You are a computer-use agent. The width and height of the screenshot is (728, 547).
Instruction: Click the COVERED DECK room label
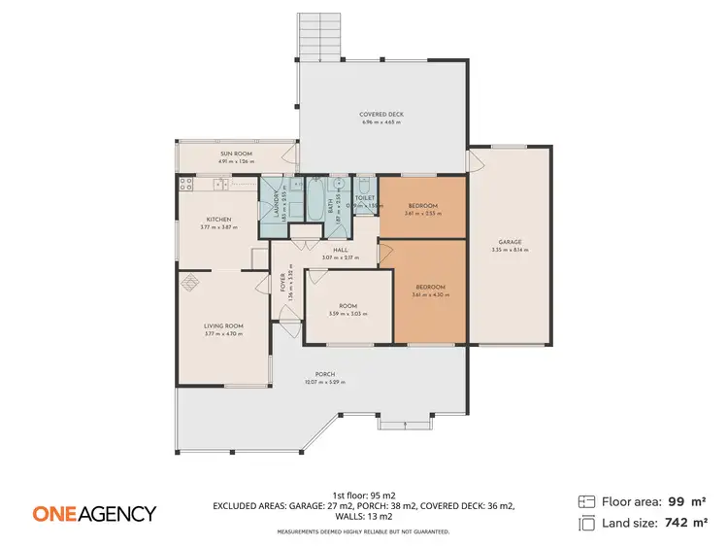(381, 115)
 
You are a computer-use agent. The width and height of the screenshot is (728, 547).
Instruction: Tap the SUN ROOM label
(236, 154)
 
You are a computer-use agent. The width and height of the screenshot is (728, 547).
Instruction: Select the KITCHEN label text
(217, 220)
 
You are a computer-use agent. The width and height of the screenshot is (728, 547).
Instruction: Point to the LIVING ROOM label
(223, 325)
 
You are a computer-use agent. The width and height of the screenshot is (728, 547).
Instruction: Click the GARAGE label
(511, 242)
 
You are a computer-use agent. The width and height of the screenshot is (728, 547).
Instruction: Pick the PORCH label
(325, 374)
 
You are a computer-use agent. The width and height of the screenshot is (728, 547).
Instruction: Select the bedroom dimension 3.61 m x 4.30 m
(430, 294)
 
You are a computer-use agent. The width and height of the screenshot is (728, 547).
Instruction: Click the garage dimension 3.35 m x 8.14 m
(511, 250)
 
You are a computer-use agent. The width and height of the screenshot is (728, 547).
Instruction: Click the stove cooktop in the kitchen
(187, 182)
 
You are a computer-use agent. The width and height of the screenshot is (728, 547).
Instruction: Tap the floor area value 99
(677, 501)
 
